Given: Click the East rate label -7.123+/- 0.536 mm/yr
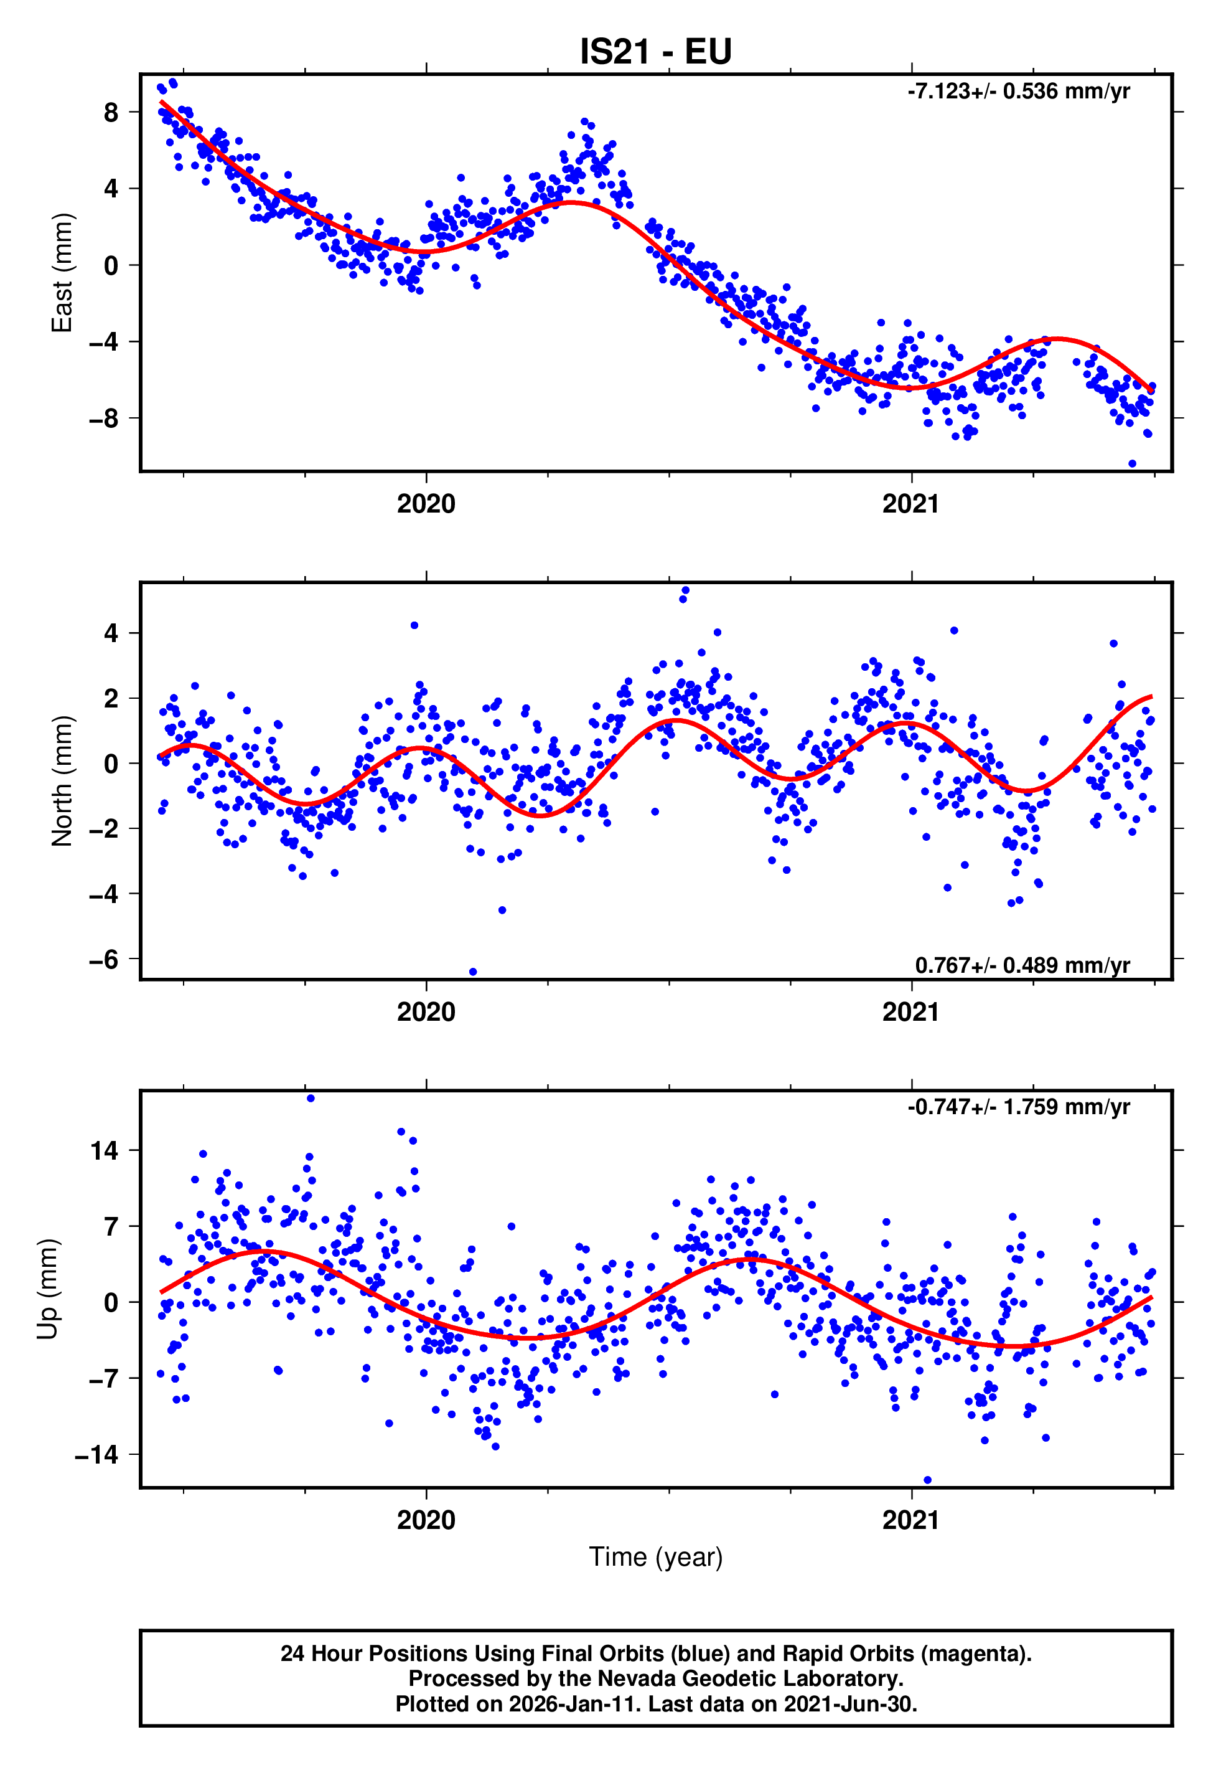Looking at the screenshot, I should coord(1017,92).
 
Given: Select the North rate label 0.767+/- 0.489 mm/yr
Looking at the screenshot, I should coord(1022,965).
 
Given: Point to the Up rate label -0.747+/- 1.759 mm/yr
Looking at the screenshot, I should coord(1017,1107).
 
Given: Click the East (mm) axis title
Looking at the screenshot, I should coord(61,273).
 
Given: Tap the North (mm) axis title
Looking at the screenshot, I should coord(61,781).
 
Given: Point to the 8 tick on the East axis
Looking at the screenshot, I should coord(111,113).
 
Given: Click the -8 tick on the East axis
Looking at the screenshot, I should coord(104,419).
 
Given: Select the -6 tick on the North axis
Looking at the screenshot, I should coord(104,959).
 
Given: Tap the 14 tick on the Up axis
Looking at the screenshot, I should coord(104,1150).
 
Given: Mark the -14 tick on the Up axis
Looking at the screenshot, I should coord(96,1455).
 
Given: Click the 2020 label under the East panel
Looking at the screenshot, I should coord(426,504).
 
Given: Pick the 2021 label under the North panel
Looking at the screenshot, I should coord(910,1012).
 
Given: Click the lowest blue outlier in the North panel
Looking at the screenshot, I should coord(473,972).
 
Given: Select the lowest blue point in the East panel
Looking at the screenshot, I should coord(1132,464).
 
